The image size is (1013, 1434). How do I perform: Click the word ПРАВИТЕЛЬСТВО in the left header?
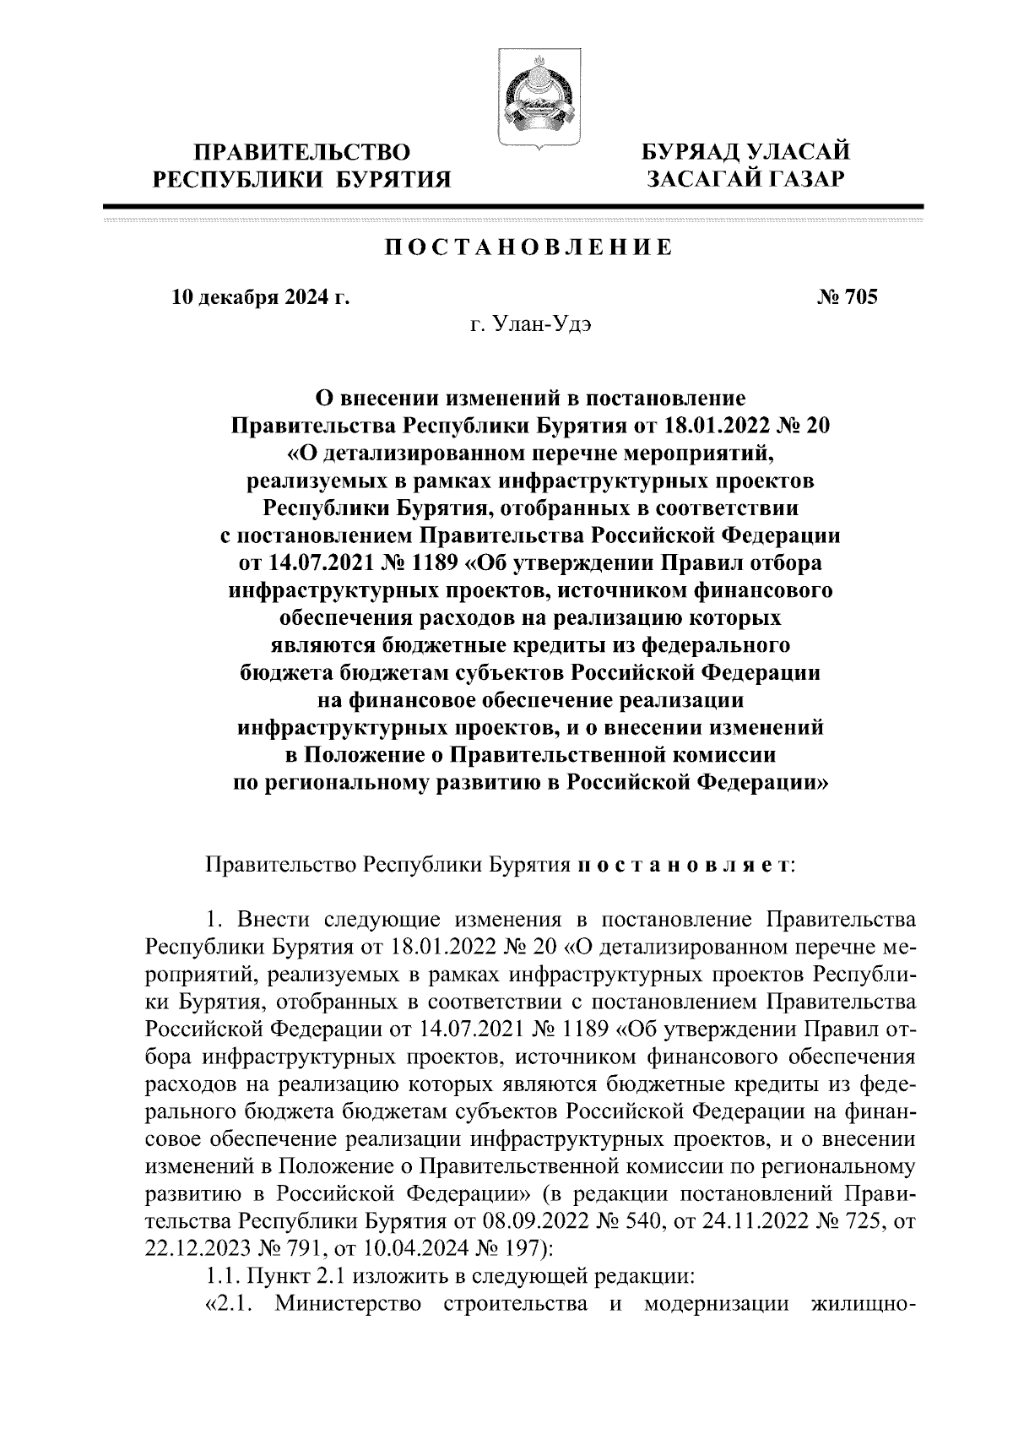[302, 153]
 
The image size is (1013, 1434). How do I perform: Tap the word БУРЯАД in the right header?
[686, 153]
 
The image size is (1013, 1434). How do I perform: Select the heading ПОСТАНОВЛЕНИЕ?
[529, 247]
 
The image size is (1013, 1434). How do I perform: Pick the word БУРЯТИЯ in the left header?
[393, 178]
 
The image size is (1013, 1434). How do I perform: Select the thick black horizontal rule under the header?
[512, 207]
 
